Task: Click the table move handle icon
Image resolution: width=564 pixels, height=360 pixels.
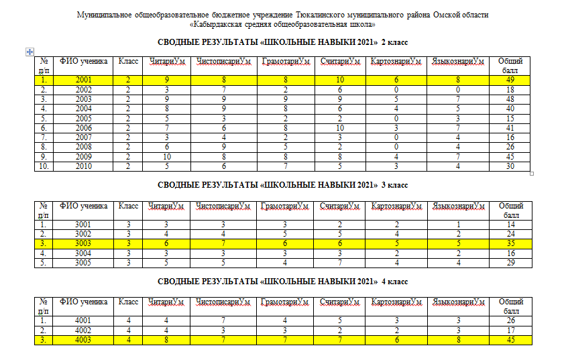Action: click(x=29, y=52)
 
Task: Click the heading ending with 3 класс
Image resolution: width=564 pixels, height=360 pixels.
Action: click(x=282, y=185)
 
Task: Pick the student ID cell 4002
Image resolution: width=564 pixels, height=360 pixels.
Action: click(x=84, y=331)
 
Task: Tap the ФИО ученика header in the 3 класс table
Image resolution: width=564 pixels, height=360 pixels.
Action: click(x=84, y=206)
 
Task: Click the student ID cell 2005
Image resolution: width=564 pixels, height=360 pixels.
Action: click(x=84, y=118)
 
